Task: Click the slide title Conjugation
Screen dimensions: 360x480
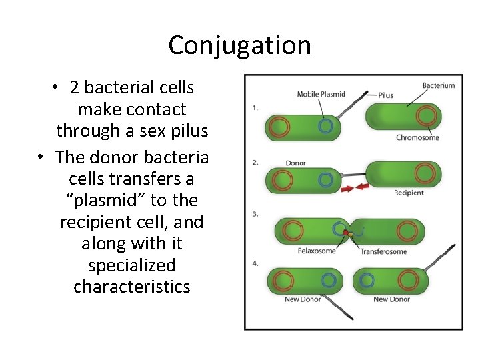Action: tap(239, 45)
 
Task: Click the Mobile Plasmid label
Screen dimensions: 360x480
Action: tap(321, 94)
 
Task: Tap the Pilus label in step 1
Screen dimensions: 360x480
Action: tap(385, 95)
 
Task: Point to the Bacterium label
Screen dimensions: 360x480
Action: tap(438, 85)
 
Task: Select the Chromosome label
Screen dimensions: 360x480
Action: tap(417, 138)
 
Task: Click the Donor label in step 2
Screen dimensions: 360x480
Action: tap(295, 163)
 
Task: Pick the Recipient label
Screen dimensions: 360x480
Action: tap(409, 193)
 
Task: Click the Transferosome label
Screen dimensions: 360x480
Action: tap(383, 251)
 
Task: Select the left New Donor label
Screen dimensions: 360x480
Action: tap(302, 299)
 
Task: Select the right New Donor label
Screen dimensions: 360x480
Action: tap(391, 299)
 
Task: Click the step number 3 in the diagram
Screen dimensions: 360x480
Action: tap(255, 214)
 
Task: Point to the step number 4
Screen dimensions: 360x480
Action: tap(255, 263)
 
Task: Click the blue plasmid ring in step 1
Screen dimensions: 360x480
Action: tap(326, 126)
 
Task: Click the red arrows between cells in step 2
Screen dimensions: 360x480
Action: tap(354, 188)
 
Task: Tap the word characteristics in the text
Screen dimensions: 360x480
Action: tap(132, 287)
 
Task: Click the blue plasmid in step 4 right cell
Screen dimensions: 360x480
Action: tap(366, 280)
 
